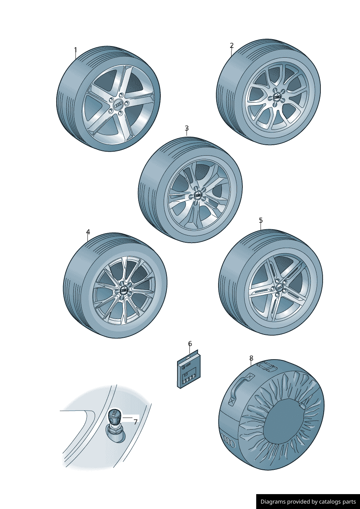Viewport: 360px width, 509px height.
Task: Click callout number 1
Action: (75, 50)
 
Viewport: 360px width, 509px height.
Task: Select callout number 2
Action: (232, 46)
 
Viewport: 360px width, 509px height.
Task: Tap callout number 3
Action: (187, 128)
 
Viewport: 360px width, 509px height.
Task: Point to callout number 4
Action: (88, 232)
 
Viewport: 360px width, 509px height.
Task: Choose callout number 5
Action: (261, 221)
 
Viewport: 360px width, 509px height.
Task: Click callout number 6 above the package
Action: (190, 344)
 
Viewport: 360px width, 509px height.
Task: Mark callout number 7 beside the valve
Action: (135, 422)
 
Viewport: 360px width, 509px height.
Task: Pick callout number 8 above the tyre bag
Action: (251, 358)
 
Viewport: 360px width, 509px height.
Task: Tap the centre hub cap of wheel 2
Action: (277, 97)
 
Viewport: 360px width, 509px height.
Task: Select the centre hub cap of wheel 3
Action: (198, 196)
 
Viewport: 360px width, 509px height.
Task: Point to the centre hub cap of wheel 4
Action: (124, 290)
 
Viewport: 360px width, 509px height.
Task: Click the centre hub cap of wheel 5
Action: (280, 288)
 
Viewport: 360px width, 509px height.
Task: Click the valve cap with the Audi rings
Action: (114, 414)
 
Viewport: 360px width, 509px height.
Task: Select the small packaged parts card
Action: (189, 372)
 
